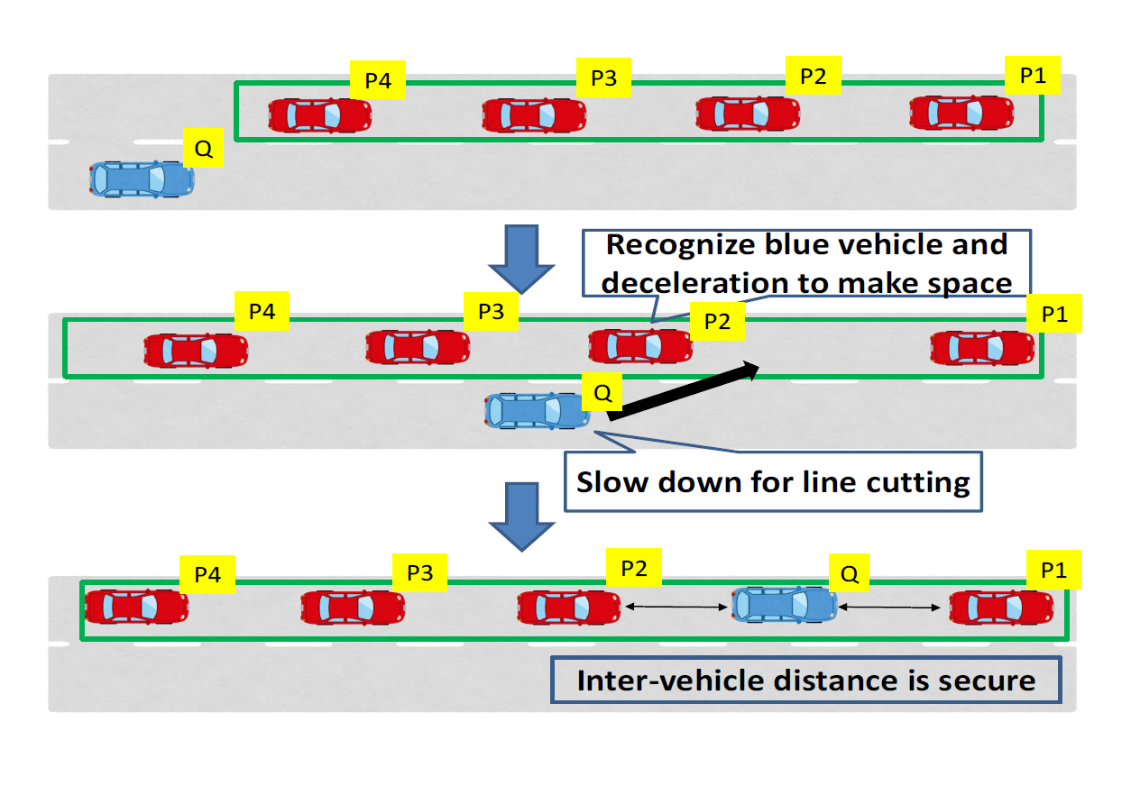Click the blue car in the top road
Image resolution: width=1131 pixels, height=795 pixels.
pos(142,178)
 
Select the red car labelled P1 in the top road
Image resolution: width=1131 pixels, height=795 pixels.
pos(961,114)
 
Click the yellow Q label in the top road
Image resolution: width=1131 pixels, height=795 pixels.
pos(204,150)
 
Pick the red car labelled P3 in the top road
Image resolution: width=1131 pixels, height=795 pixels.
pos(534,114)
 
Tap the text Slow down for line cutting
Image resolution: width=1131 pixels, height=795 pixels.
pos(773,482)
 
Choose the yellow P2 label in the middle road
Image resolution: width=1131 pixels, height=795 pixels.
pos(717,322)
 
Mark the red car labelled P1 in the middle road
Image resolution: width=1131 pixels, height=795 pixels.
pos(982,348)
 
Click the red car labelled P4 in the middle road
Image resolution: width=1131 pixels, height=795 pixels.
pos(196,350)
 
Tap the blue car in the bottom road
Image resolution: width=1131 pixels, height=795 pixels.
pos(784,605)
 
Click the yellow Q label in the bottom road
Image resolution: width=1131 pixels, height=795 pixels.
pos(848,572)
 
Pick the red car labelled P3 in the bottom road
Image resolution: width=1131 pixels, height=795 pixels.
pos(353,608)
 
